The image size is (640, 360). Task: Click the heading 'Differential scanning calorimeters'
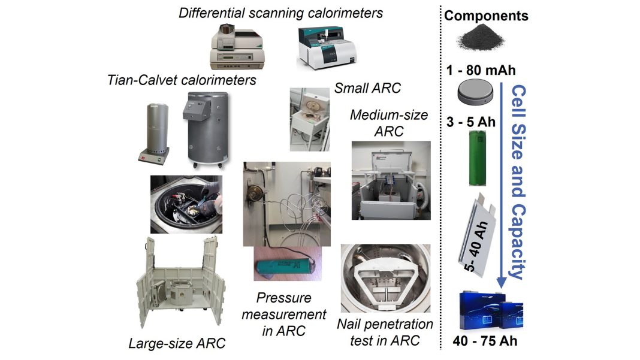(x=280, y=13)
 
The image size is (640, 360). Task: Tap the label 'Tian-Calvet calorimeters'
(x=182, y=80)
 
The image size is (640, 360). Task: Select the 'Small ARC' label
(x=367, y=88)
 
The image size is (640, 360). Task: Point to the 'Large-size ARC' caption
(x=177, y=343)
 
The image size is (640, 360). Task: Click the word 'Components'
(x=486, y=16)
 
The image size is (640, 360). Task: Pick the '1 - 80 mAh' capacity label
(x=481, y=70)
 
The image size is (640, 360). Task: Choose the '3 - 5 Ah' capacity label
(x=470, y=122)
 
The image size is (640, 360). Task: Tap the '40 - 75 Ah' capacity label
(x=485, y=341)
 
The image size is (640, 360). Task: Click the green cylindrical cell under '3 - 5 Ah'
(x=477, y=158)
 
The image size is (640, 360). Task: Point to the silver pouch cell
(x=478, y=234)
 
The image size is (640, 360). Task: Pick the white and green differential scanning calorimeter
(x=327, y=48)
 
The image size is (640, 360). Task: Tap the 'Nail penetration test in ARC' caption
(x=385, y=332)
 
